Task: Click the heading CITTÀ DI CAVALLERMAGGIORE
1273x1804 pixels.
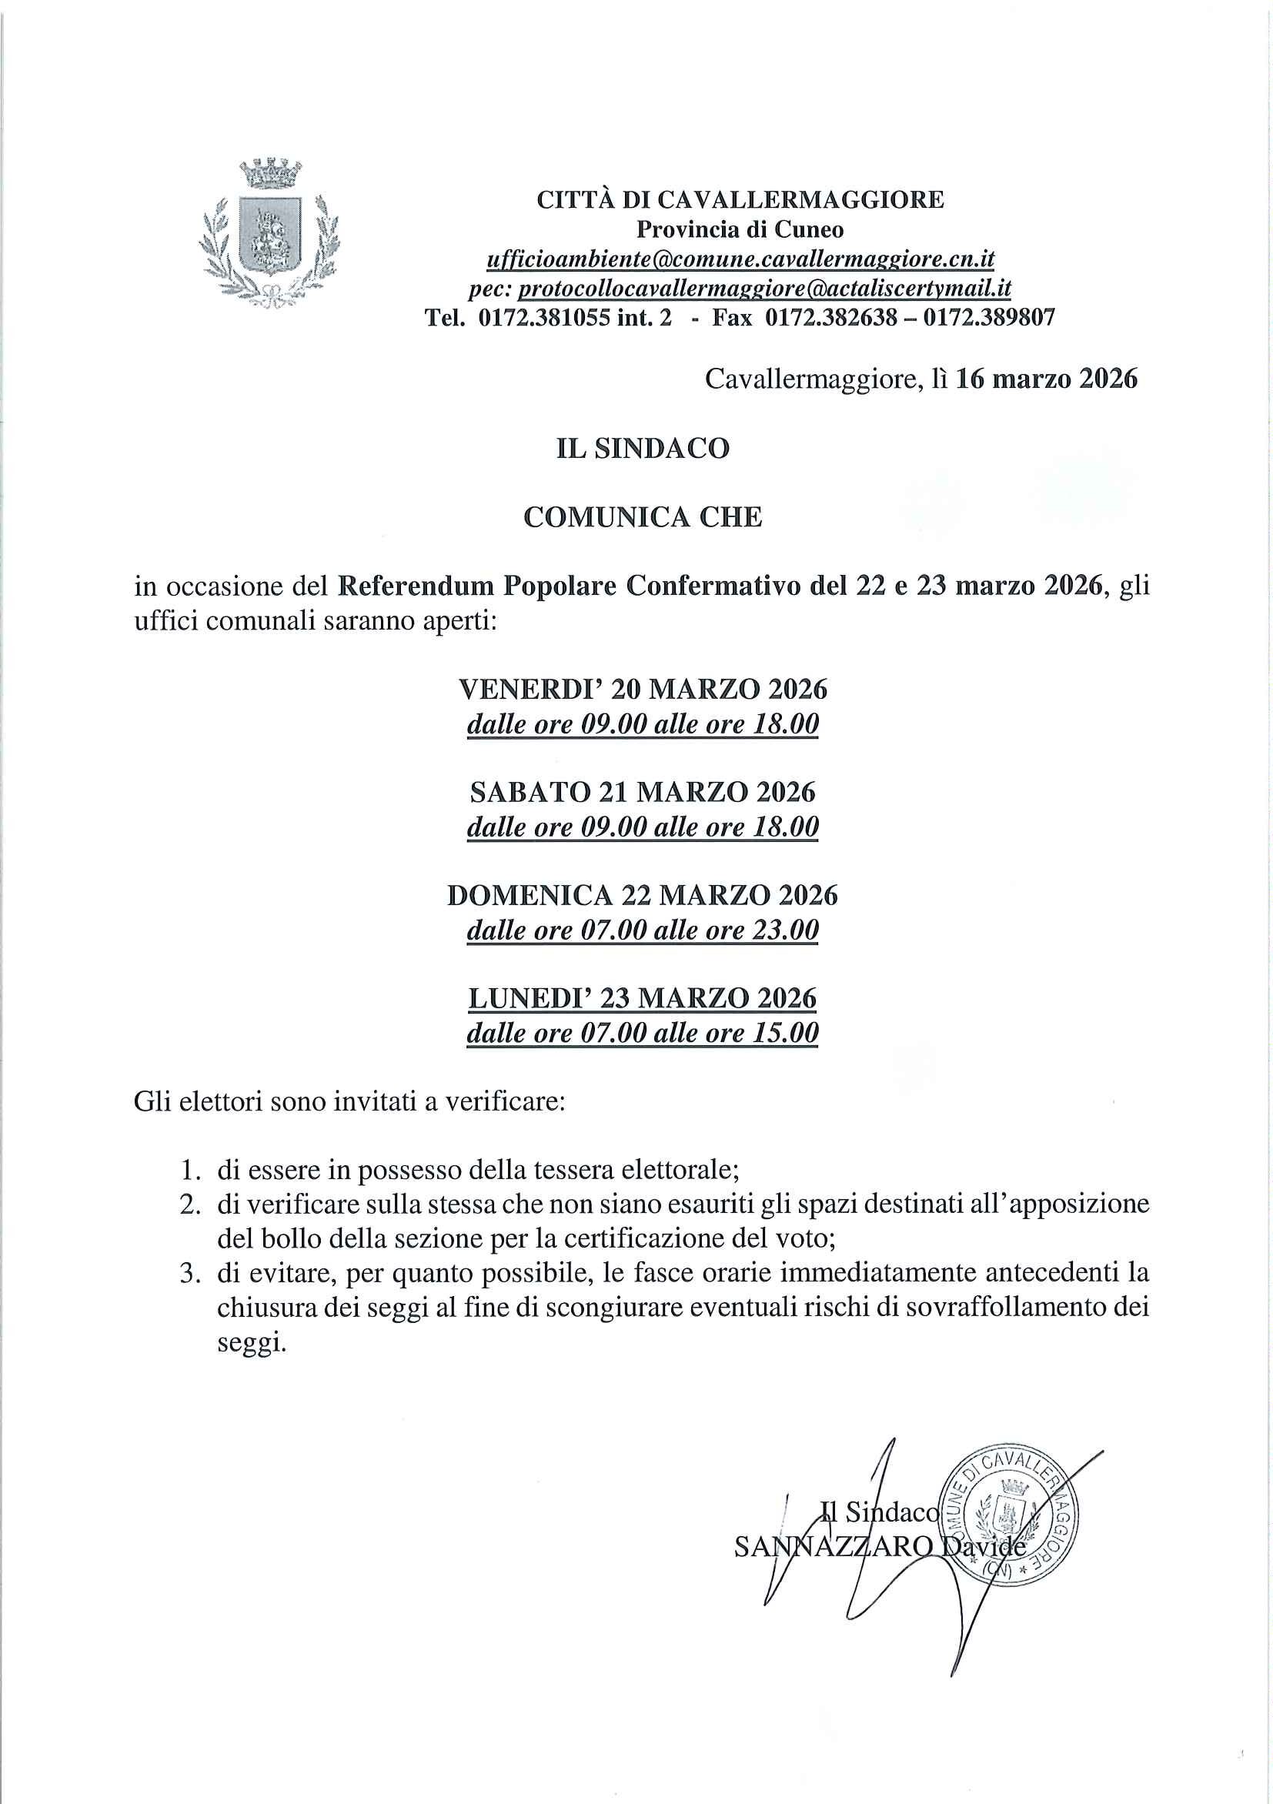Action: [x=740, y=200]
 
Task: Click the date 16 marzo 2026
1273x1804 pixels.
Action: [x=1046, y=379]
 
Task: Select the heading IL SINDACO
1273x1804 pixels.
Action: [x=643, y=449]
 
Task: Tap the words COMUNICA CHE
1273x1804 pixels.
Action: [x=643, y=517]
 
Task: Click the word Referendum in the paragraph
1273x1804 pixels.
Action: [x=416, y=586]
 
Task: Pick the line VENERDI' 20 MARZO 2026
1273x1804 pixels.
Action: [x=643, y=690]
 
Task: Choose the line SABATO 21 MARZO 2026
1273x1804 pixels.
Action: [x=643, y=792]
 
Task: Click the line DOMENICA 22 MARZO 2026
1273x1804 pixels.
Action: [x=643, y=896]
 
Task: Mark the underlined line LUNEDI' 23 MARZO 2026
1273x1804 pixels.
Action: [x=643, y=999]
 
